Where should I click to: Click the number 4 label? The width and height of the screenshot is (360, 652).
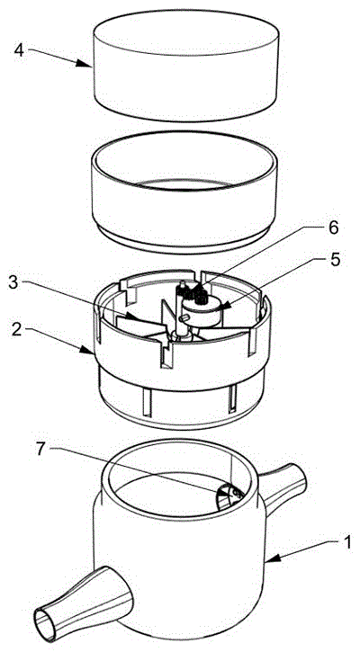click(x=19, y=50)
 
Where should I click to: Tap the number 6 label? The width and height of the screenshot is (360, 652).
click(x=333, y=228)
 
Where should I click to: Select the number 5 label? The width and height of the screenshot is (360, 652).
click(x=335, y=260)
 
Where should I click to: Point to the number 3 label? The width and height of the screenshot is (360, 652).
click(x=14, y=283)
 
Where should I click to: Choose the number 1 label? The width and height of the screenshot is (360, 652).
click(x=346, y=542)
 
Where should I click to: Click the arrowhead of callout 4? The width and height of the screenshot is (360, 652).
click(x=85, y=64)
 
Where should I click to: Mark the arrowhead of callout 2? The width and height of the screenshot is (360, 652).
click(x=88, y=352)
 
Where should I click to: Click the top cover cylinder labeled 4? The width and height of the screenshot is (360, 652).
click(x=185, y=66)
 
